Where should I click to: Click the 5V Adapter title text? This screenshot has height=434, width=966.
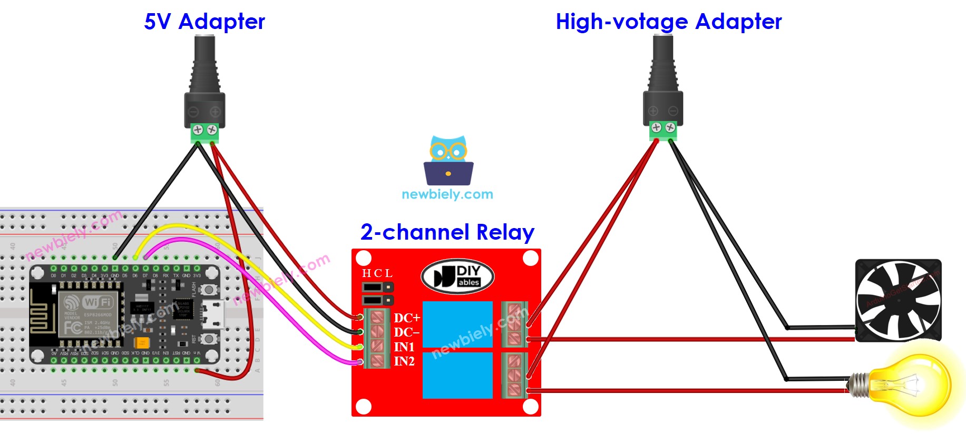coord(204,22)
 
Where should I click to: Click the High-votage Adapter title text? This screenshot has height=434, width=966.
coord(668,22)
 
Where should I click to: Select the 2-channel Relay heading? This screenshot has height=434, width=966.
coord(447,232)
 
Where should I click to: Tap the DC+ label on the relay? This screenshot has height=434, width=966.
coord(407,318)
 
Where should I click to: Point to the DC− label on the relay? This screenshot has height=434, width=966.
coord(407,332)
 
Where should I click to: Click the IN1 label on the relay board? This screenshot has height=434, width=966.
coord(404,347)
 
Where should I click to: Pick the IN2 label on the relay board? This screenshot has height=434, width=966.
coord(404,361)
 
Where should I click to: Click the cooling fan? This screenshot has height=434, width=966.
coord(897,300)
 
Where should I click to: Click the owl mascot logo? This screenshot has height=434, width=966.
coord(448,161)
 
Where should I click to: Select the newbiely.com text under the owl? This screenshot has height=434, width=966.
coord(447,194)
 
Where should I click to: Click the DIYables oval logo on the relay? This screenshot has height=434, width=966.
coord(457,276)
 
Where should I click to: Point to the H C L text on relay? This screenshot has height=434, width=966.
coord(377,273)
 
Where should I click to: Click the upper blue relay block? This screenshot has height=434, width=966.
coord(457,324)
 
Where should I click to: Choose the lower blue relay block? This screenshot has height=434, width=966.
coord(457,375)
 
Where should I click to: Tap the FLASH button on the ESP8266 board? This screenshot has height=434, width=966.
coord(209,290)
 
